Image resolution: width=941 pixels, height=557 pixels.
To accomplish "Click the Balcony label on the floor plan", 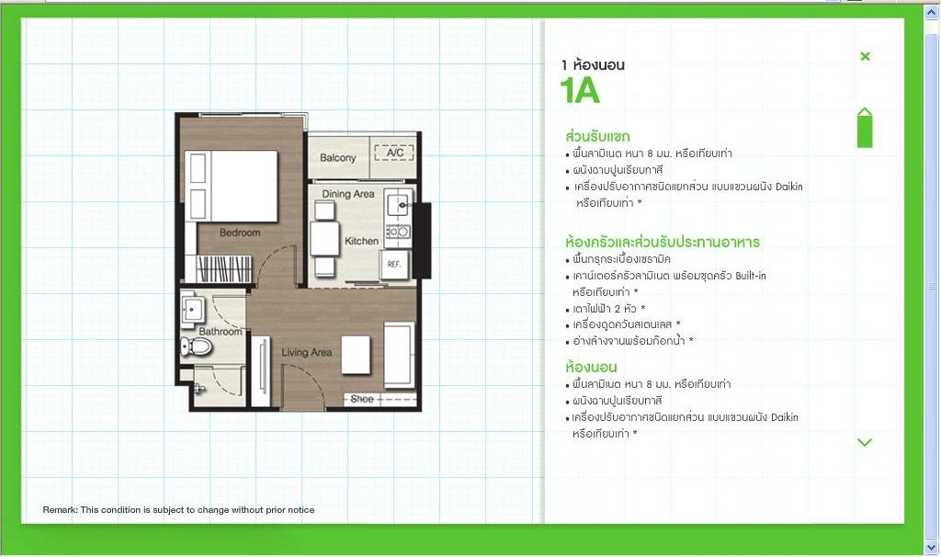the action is point(338,158).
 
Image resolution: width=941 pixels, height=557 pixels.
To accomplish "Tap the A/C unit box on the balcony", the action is point(394,153).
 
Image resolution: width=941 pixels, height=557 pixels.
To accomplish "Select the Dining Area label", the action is point(348,194).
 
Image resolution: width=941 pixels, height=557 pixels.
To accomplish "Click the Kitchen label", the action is point(361,241).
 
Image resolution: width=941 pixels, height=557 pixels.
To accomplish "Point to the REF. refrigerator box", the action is point(394,264).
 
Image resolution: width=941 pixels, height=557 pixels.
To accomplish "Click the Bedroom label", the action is point(240,233).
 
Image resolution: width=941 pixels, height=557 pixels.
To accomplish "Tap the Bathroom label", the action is point(221,331).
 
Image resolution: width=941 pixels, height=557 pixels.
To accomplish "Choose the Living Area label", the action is point(307,352).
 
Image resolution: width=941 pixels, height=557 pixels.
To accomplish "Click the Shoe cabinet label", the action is point(362,399).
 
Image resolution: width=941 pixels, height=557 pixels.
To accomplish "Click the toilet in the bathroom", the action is point(197,347).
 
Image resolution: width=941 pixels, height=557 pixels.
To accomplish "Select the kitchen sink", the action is point(399,205).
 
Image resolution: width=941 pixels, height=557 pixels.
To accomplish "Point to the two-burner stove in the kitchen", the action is point(398,232).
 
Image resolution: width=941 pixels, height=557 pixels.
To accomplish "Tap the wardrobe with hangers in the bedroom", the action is point(223,268).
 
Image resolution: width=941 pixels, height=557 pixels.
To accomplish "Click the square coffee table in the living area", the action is point(356,355).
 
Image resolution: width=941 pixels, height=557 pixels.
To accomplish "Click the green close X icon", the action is point(865,56).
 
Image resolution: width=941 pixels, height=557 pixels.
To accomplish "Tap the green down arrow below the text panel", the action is point(865,443).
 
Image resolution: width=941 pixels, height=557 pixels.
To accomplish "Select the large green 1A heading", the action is point(580,91).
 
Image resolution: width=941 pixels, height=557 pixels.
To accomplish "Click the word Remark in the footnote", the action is point(60,509).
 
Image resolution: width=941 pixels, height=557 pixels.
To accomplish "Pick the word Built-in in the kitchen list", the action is point(750,276).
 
